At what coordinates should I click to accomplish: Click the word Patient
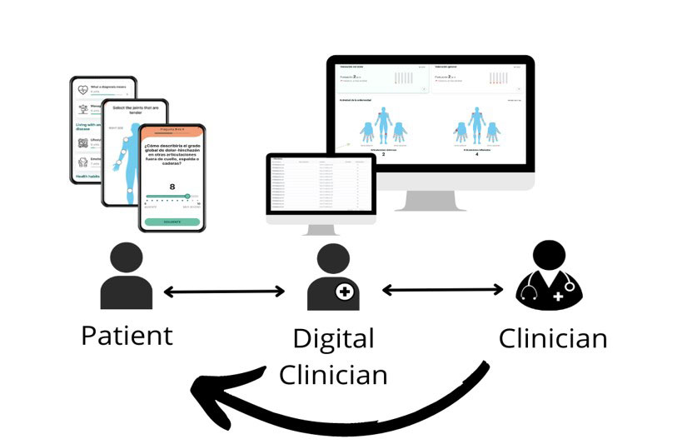127,335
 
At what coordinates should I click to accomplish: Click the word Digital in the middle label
333,339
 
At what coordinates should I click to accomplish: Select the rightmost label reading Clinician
552,339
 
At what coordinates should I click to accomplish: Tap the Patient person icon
126,277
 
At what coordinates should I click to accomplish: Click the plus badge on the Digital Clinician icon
346,292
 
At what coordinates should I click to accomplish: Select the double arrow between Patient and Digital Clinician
225,292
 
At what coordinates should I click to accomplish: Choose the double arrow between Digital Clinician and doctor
443,291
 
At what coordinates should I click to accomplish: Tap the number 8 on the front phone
172,187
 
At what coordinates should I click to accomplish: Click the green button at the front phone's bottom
172,222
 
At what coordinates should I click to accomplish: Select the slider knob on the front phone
187,197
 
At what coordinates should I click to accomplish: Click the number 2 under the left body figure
382,155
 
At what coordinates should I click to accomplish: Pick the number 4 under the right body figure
476,155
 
